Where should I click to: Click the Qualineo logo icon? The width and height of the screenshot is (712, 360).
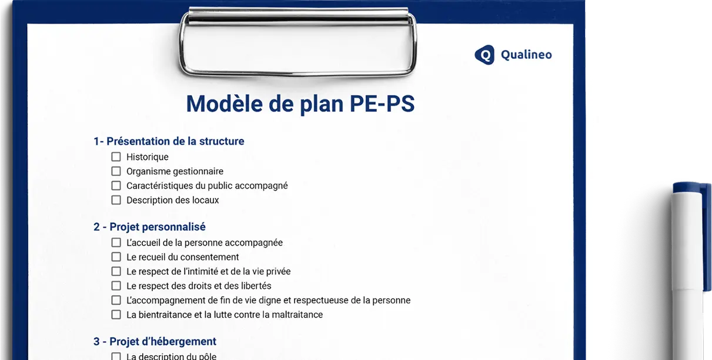tap(484, 55)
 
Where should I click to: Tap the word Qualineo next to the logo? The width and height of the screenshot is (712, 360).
tap(526, 55)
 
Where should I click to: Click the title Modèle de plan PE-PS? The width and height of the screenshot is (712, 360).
tap(300, 104)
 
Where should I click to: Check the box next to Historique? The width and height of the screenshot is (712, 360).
tap(116, 157)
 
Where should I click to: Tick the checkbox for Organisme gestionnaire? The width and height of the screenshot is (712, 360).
tap(116, 171)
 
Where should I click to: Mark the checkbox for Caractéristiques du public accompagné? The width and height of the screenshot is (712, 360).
tap(116, 186)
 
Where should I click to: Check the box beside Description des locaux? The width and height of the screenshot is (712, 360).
tap(116, 200)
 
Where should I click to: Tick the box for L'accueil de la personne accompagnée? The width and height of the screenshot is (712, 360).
tap(116, 242)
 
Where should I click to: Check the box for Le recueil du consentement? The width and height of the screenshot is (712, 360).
tap(116, 257)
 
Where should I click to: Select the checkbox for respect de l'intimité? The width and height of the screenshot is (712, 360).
tap(116, 271)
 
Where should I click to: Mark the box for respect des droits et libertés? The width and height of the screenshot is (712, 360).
tap(116, 286)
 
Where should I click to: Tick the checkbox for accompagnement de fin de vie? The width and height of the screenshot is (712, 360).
tap(116, 300)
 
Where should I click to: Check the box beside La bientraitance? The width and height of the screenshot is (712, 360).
tap(116, 315)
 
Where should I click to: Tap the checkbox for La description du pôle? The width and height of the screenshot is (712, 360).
tap(116, 356)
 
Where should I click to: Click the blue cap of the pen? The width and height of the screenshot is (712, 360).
tap(691, 190)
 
